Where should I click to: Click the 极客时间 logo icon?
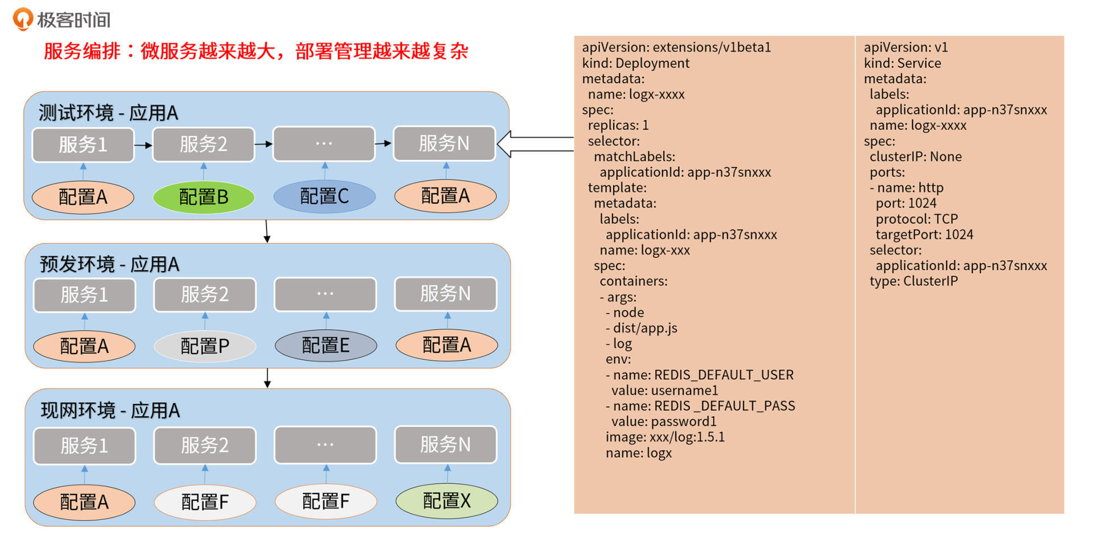(x=23, y=19)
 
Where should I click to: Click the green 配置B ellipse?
(x=203, y=197)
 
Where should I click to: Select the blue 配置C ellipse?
(x=324, y=196)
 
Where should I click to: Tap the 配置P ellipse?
(x=205, y=346)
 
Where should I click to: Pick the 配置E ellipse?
(x=326, y=345)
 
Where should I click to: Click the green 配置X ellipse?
(x=447, y=501)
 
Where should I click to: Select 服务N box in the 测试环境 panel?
(x=444, y=143)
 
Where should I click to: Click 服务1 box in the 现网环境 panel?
(x=84, y=445)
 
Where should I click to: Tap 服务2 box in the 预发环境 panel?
(x=205, y=294)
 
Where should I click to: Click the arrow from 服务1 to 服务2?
(x=143, y=145)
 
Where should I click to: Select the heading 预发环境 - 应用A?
(x=109, y=264)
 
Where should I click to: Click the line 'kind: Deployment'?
(x=635, y=63)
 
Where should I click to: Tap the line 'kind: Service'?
(x=902, y=63)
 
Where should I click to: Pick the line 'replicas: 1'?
(x=618, y=125)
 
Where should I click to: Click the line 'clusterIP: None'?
(x=915, y=157)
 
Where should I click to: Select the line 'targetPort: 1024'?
(x=924, y=235)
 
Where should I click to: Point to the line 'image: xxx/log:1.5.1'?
(x=665, y=437)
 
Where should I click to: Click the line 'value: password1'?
(x=664, y=422)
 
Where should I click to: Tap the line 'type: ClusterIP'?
(x=914, y=281)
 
